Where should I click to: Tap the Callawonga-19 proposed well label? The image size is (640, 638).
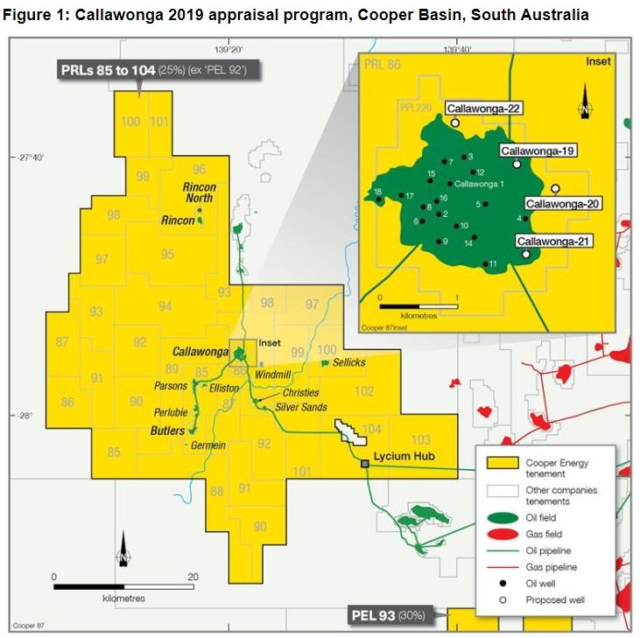[538, 151]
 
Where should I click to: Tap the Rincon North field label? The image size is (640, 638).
[199, 193]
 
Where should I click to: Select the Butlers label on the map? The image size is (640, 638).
[167, 431]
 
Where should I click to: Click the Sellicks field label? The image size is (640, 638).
[349, 362]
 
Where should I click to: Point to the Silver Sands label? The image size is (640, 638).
[300, 408]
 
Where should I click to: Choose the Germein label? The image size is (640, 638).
[209, 445]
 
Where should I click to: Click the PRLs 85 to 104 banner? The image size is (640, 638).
[158, 70]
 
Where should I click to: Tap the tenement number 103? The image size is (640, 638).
[421, 439]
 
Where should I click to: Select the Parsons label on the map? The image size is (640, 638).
[171, 386]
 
